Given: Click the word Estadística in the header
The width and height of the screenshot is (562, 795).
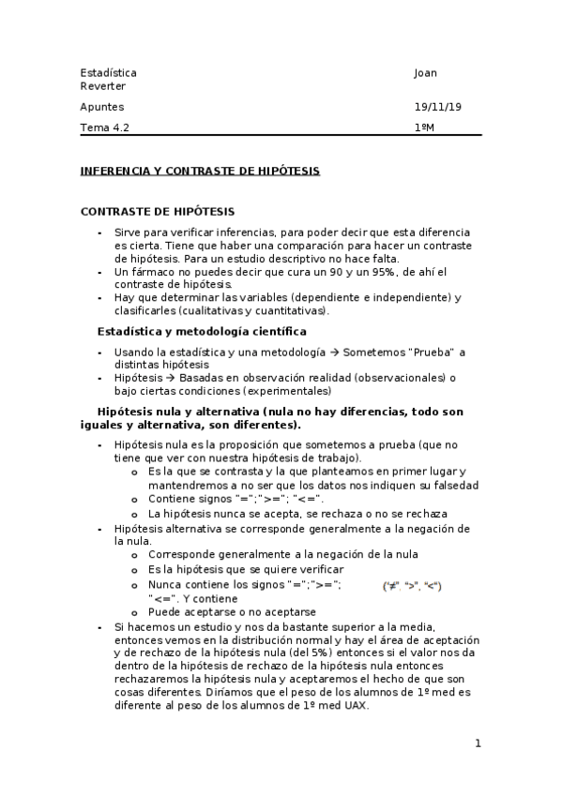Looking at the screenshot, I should [x=108, y=73].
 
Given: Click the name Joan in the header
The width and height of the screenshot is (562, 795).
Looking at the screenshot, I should [x=425, y=73].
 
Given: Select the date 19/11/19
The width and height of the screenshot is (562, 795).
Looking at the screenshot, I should [x=437, y=107].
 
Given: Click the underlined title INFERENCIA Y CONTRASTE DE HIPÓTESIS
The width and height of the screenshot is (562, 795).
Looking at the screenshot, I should [x=200, y=171].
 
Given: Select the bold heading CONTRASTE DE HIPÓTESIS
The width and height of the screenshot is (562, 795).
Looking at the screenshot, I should [x=158, y=212].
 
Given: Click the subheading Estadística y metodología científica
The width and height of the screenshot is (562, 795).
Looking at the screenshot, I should [x=202, y=331].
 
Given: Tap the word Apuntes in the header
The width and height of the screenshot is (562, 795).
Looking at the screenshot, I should [x=102, y=107].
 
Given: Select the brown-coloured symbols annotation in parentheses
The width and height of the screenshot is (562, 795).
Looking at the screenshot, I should [x=412, y=586].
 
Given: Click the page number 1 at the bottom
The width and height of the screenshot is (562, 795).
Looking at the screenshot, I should [x=478, y=743].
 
